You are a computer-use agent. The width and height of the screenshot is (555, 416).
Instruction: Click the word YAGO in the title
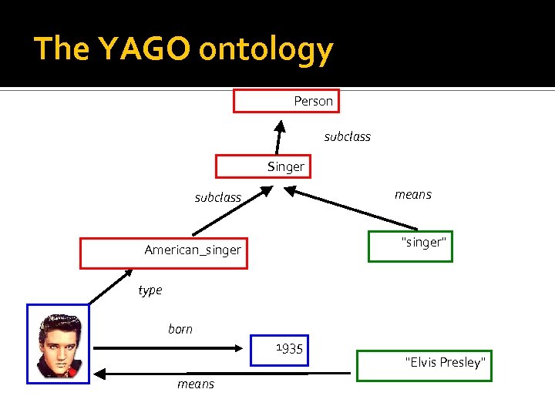point(144,49)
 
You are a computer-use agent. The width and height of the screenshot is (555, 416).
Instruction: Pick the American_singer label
point(193,250)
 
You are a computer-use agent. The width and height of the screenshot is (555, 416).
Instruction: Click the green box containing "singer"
point(410,247)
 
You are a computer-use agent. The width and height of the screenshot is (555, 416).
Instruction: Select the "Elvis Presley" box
point(424,363)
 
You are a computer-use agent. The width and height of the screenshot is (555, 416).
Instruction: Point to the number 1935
point(289,350)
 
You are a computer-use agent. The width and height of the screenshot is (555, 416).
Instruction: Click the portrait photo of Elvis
point(58,344)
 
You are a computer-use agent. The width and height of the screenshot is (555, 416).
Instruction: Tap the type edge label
point(150,290)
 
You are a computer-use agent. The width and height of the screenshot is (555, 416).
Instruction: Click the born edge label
point(180,329)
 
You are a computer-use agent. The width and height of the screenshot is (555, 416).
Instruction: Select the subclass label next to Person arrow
point(347,136)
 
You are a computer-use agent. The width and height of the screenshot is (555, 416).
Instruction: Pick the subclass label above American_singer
point(217,197)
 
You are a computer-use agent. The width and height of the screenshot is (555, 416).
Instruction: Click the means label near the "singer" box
point(413,194)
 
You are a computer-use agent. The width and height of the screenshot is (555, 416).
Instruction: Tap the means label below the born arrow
point(196,384)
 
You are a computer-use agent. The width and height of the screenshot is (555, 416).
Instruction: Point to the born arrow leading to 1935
point(170,348)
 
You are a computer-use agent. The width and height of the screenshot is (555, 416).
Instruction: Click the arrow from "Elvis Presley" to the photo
point(224,374)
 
